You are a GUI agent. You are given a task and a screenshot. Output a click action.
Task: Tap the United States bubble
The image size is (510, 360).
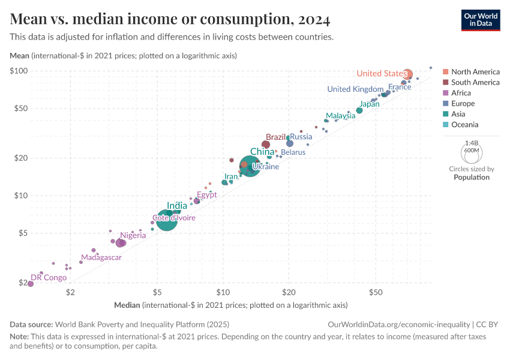(x=407, y=74)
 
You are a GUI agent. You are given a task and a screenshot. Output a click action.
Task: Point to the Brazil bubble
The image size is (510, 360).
(x=266, y=145)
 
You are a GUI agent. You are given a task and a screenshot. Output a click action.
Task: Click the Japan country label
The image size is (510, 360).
(x=370, y=104)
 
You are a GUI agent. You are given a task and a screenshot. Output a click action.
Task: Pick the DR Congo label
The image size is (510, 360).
(x=49, y=277)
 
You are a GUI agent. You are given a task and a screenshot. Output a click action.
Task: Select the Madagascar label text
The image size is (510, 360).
(x=101, y=257)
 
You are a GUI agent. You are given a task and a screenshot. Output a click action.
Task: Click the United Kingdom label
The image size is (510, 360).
(x=355, y=89)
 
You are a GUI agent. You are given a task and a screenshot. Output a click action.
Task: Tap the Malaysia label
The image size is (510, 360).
(x=340, y=115)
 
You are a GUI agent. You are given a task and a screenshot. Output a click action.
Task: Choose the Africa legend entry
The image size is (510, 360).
(x=461, y=93)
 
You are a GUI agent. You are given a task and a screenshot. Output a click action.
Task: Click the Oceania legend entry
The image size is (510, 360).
(x=464, y=125)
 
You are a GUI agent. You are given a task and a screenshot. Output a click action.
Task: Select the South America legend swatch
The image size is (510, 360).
(x=445, y=83)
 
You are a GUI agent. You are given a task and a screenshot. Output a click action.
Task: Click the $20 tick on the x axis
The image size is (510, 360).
(x=289, y=292)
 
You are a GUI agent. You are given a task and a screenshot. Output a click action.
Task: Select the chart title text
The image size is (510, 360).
(x=170, y=20)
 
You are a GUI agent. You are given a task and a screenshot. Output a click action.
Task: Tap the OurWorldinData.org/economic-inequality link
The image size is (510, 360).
(x=400, y=323)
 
